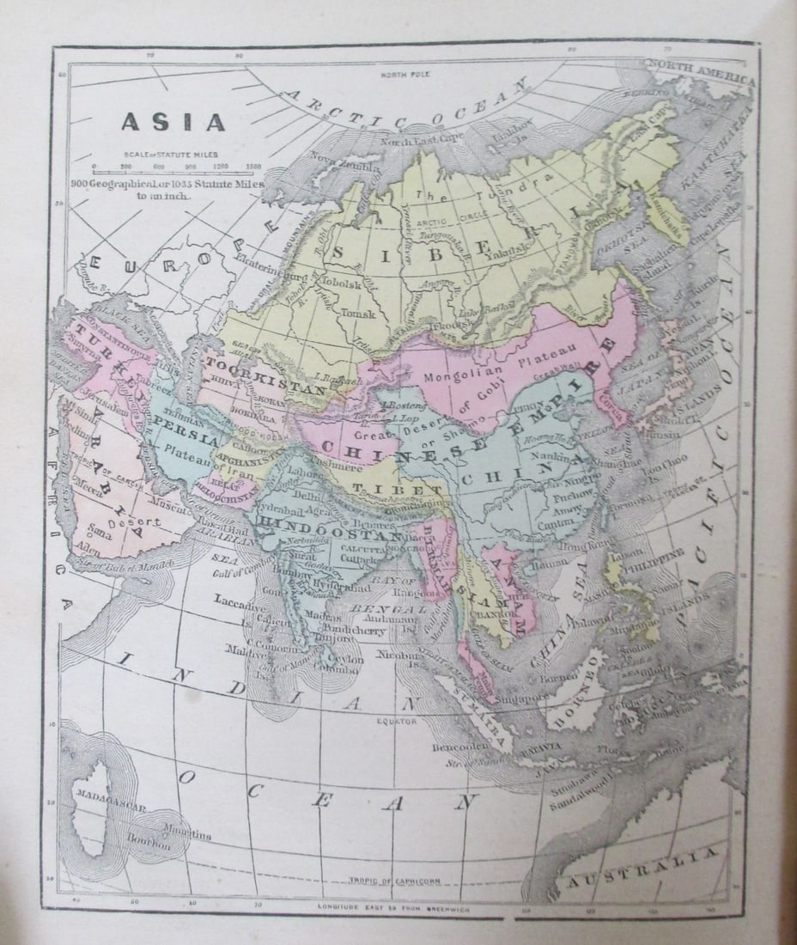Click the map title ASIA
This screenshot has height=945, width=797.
coord(173,123)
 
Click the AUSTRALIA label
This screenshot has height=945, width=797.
coord(640,867)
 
